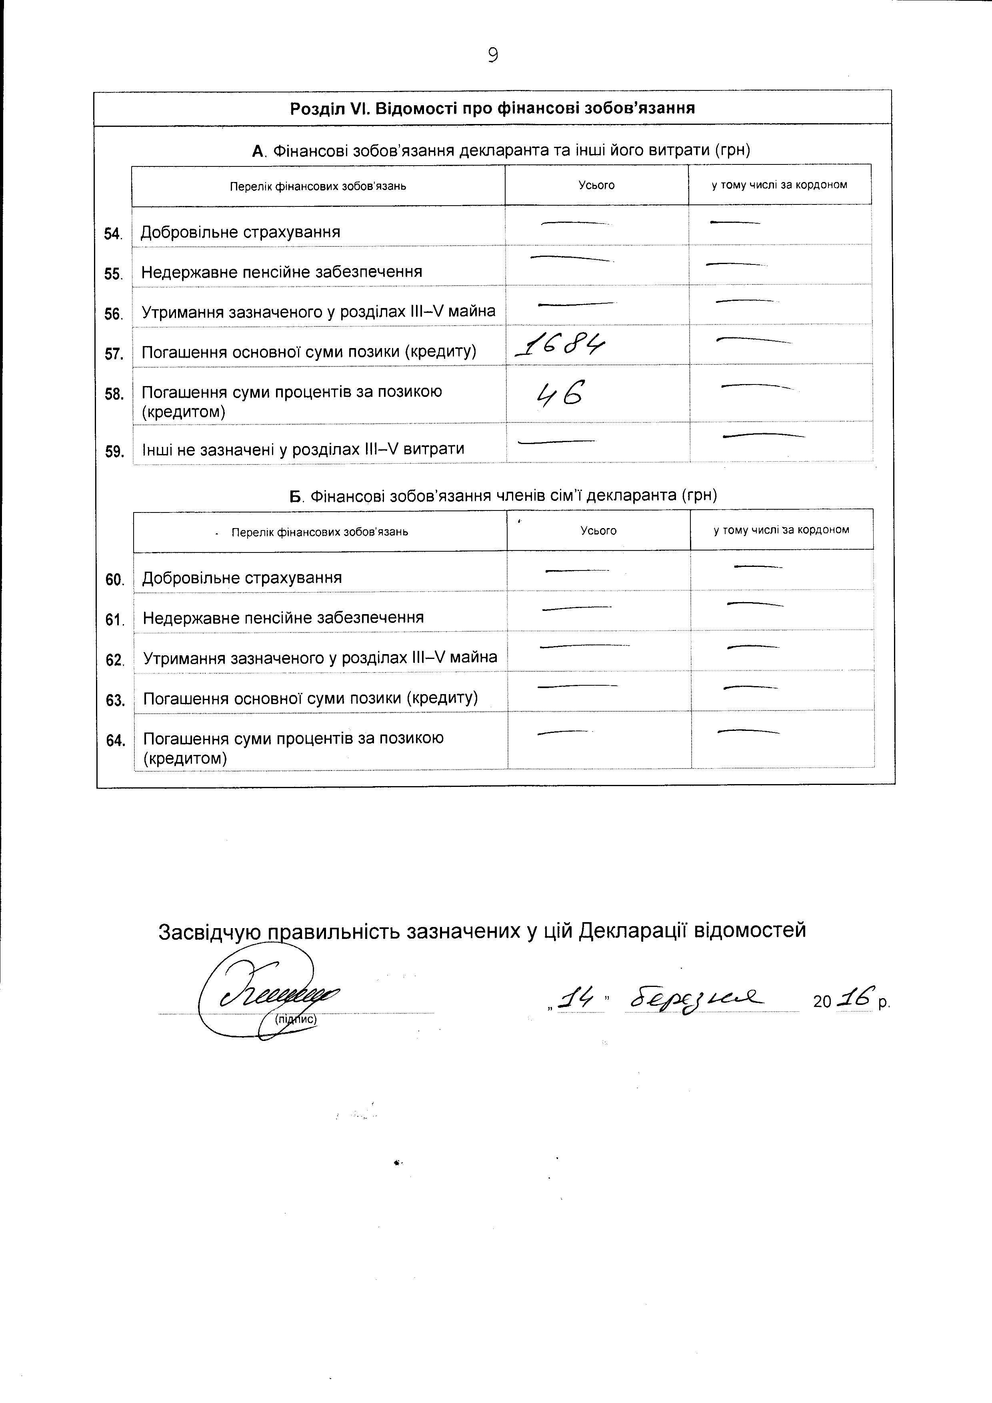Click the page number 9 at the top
coord(493,56)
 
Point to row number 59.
coord(114,452)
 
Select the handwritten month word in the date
coord(696,1000)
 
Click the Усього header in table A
coord(596,185)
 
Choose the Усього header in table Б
coord(598,530)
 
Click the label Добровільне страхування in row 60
coord(242,577)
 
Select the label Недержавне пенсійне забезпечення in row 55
coord(282,272)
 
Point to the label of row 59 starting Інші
coord(303,449)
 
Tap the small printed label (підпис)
coord(296,1019)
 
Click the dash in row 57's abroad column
coord(753,340)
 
